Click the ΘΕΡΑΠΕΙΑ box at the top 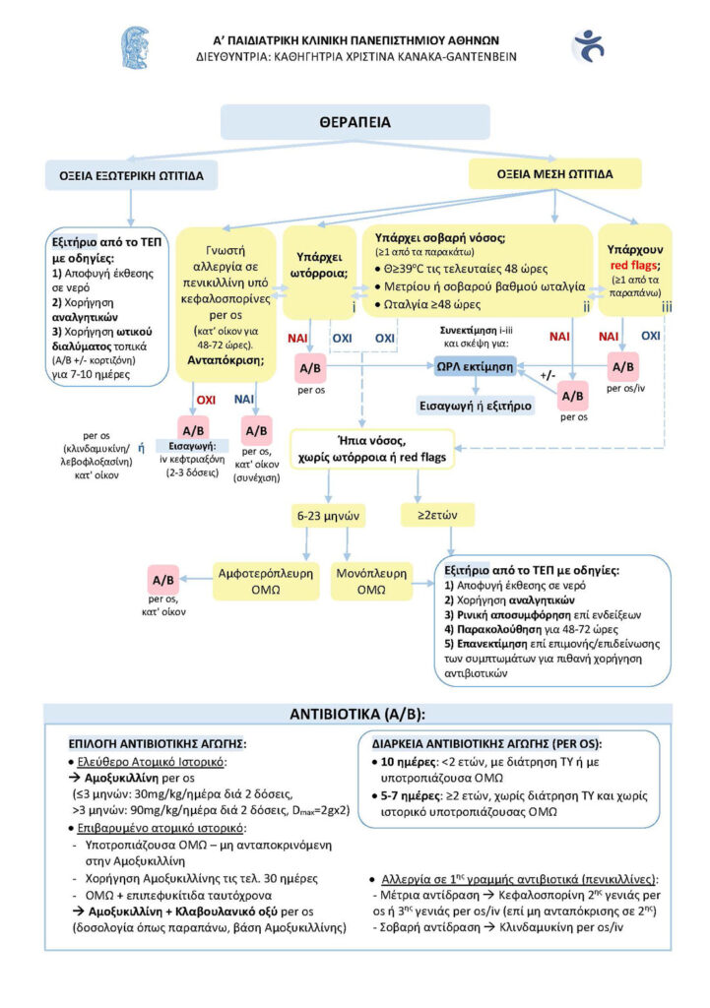(355, 122)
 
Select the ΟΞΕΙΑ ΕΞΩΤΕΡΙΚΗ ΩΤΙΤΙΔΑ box (131, 175)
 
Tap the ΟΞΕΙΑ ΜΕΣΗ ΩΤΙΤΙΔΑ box (555, 174)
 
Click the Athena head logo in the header (136, 47)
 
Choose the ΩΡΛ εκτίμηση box (476, 366)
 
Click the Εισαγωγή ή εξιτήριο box (476, 406)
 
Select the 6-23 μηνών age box (328, 516)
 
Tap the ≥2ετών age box (437, 515)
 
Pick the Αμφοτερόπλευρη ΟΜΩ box (266, 581)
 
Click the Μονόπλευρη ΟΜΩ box (371, 581)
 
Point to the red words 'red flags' (633, 265)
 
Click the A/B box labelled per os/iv (622, 367)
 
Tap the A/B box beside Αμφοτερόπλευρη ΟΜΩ (162, 580)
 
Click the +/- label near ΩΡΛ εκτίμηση (548, 375)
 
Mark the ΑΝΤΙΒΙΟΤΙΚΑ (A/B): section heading (357, 715)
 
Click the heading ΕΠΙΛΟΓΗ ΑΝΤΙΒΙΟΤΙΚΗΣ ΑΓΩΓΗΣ (158, 744)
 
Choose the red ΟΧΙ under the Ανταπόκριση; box (206, 400)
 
